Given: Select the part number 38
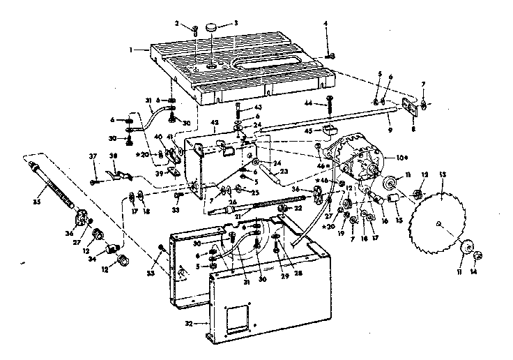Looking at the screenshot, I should coord(114,156).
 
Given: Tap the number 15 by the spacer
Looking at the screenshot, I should coord(399,219).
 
